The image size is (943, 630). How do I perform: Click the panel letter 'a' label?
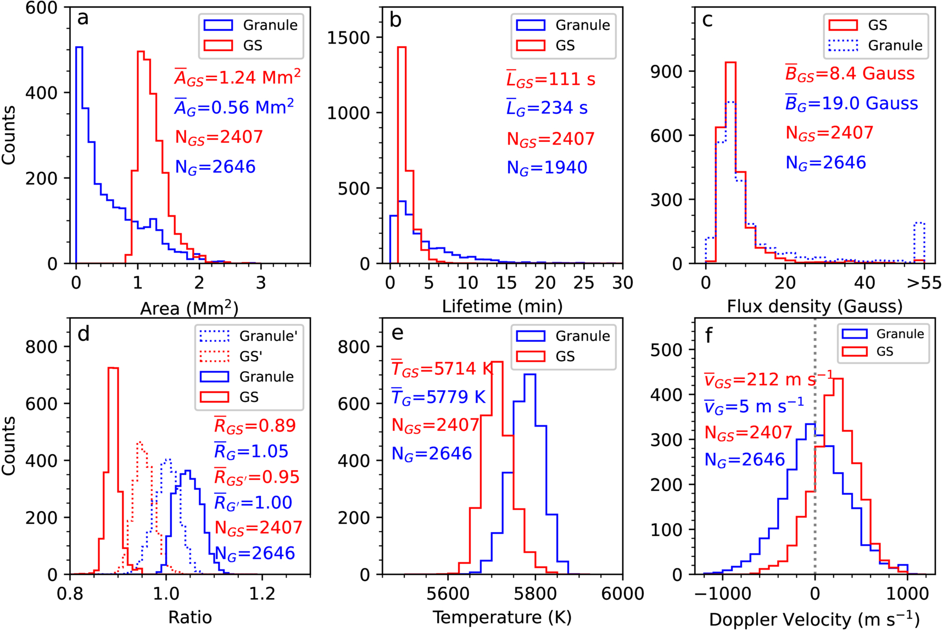click(x=83, y=19)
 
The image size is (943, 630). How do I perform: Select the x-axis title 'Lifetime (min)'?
click(x=503, y=306)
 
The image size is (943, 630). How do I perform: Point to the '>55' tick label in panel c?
click(x=924, y=283)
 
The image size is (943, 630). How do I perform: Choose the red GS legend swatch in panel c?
click(x=842, y=25)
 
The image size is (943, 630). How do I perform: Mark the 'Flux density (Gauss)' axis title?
click(x=815, y=306)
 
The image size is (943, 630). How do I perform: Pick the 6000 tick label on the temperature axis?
click(x=622, y=594)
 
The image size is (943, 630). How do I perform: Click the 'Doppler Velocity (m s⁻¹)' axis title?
click(x=814, y=619)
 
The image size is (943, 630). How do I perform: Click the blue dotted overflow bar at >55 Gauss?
click(x=919, y=242)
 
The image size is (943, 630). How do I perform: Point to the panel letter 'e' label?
click(x=397, y=333)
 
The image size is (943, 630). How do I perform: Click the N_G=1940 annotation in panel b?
click(x=547, y=168)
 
